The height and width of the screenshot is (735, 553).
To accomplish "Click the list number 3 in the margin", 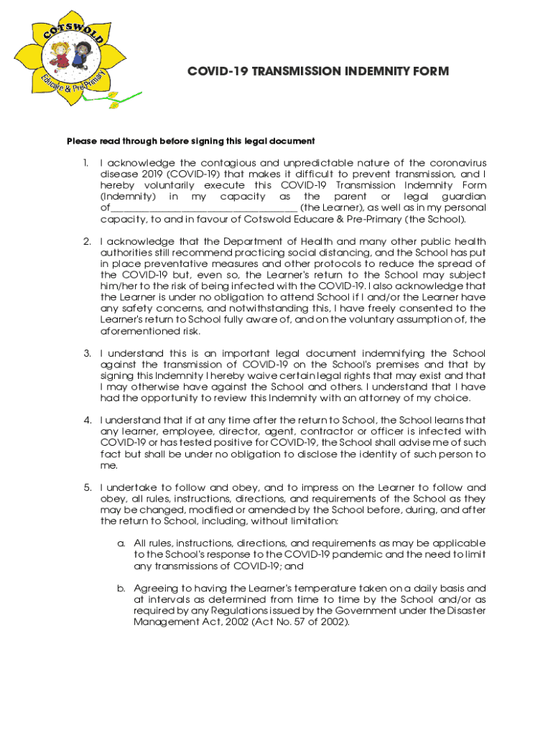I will coord(87,353).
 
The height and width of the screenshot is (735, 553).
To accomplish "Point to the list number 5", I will coord(87,487).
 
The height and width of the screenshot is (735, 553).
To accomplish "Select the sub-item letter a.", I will coord(121,543).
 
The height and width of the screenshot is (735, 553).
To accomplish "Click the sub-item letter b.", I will coord(121,588).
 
